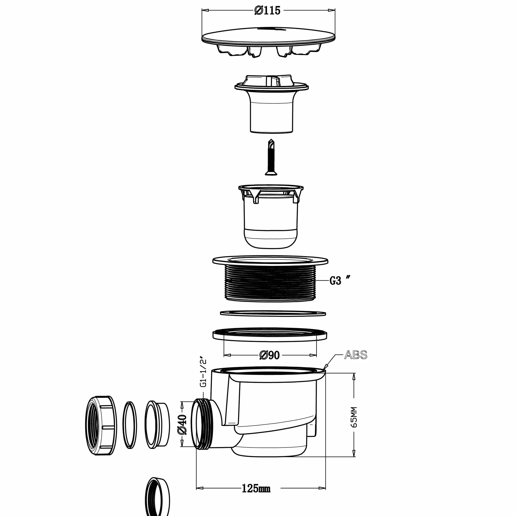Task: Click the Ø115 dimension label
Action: [267, 11]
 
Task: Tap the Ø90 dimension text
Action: [270, 355]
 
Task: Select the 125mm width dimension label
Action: [256, 489]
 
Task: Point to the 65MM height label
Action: [354, 417]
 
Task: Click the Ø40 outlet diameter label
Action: [182, 424]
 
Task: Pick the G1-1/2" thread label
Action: [203, 371]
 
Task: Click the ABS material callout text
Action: [356, 355]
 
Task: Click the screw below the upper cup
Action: [271, 157]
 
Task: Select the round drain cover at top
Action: [268, 41]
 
